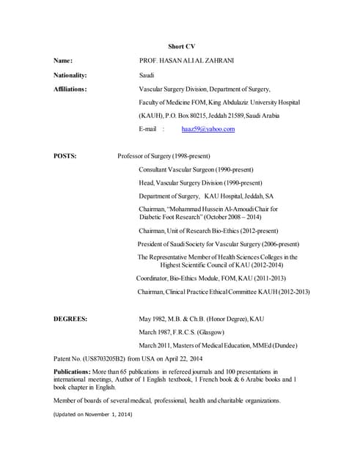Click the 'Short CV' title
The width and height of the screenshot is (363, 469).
pyautogui.click(x=181, y=46)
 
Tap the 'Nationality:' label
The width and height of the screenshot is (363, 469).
pyautogui.click(x=70, y=75)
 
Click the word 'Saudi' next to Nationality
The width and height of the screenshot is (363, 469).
pyautogui.click(x=147, y=75)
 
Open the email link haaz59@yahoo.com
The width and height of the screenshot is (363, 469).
pyautogui.click(x=208, y=129)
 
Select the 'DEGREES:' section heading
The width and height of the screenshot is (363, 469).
pyautogui.click(x=71, y=320)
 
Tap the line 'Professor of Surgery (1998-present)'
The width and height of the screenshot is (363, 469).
pyautogui.click(x=164, y=156)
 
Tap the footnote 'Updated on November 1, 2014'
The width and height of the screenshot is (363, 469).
pyautogui.click(x=92, y=414)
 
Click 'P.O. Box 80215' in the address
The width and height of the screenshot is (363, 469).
pyautogui.click(x=191, y=115)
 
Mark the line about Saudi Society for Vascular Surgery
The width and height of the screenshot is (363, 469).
pyautogui.click(x=219, y=244)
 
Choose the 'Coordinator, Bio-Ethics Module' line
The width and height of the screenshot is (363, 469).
pyautogui.click(x=211, y=278)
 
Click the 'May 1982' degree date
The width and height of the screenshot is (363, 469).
pyautogui.click(x=155, y=320)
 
